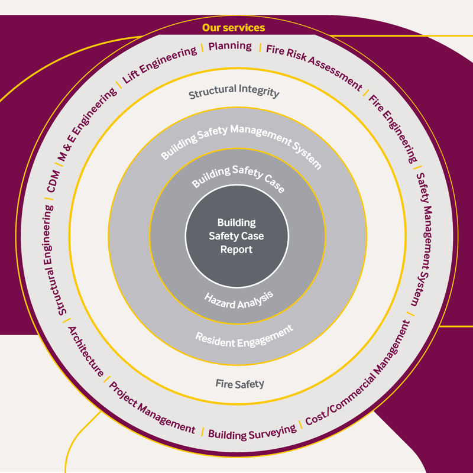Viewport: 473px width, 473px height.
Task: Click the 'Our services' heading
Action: [x=234, y=28]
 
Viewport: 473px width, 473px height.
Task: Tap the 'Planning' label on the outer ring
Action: [x=230, y=46]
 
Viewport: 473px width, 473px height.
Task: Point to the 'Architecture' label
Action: [x=86, y=351]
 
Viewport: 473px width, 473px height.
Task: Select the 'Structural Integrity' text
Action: [x=234, y=92]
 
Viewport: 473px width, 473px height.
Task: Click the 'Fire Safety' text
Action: [x=239, y=384]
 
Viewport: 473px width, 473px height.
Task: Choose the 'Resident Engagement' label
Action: [x=244, y=336]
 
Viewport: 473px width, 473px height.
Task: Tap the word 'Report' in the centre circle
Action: [x=237, y=250]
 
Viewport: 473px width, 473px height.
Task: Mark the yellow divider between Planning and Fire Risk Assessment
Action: [x=260, y=47]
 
